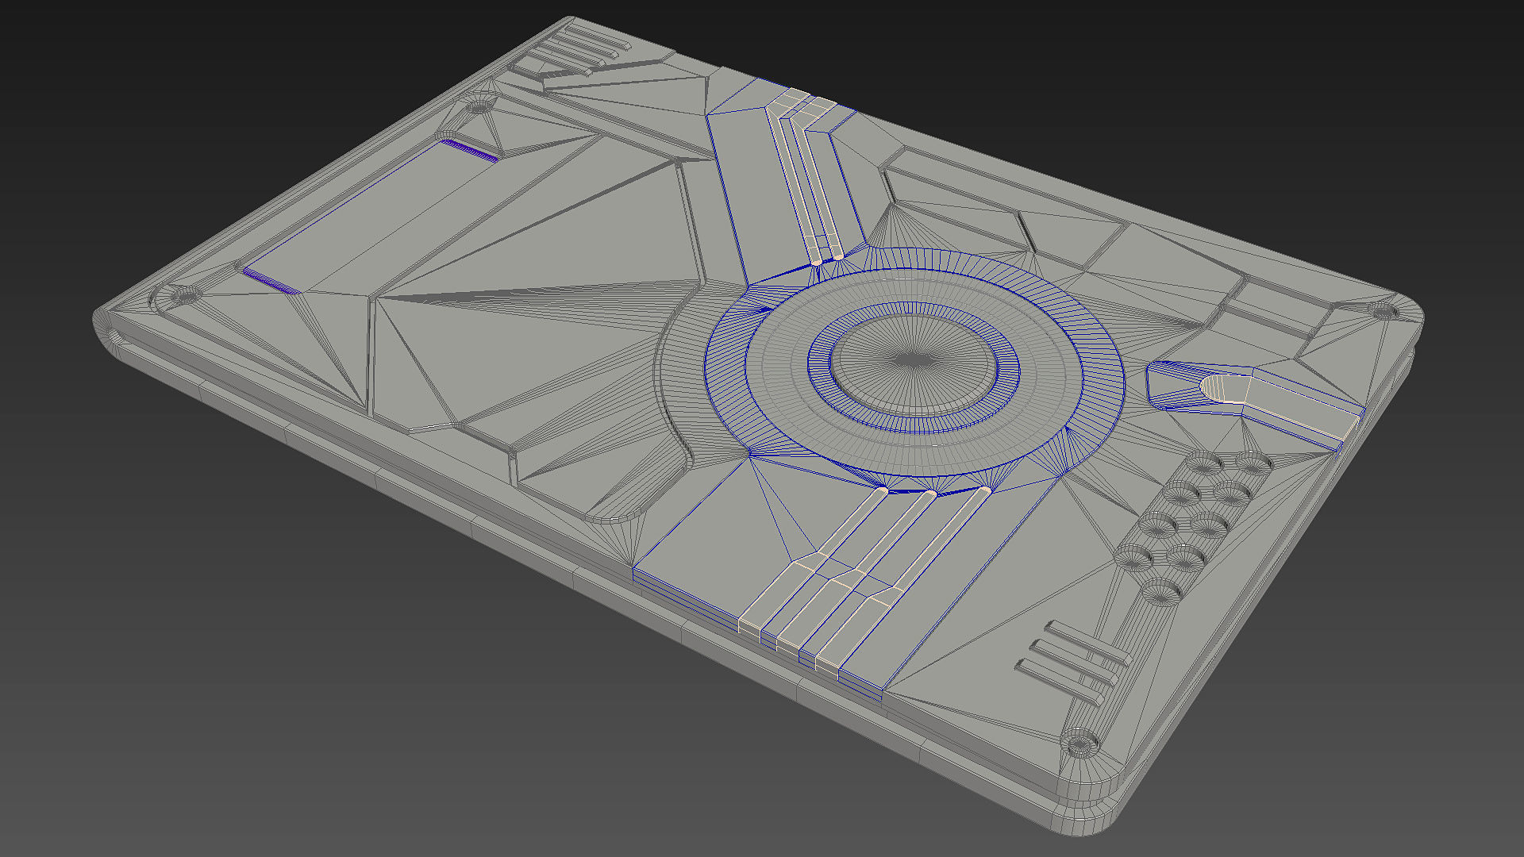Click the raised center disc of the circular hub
pos(913,361)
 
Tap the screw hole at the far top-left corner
pos(479,105)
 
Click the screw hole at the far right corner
pos(1386,311)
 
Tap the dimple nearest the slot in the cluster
pos(1253,463)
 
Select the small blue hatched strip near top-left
pos(470,149)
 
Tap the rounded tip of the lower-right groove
pos(984,492)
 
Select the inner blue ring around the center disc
pos(913,417)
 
